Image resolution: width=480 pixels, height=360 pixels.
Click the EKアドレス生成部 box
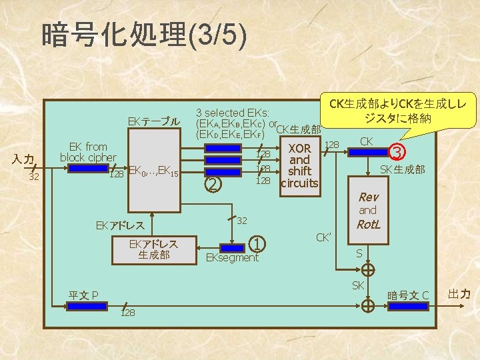tap(154, 249)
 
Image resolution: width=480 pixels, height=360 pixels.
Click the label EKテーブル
tap(154, 121)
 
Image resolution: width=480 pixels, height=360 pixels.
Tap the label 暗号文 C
tap(409, 294)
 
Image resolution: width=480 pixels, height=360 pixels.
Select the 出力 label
tap(459, 293)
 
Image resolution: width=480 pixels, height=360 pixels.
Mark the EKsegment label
tap(231, 257)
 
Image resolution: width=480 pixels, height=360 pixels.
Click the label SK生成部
tap(402, 170)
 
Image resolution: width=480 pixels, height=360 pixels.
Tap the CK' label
tap(324, 237)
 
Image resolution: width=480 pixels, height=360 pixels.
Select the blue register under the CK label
tap(367, 153)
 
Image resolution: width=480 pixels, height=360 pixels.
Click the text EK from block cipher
tap(88, 152)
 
